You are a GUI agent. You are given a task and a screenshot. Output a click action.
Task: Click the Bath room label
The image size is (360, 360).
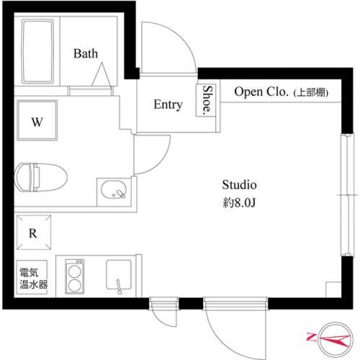[86, 53]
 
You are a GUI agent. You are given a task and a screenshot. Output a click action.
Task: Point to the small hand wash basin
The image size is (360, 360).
[114, 191]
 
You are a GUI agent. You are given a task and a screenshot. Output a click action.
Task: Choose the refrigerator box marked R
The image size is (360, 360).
[33, 233]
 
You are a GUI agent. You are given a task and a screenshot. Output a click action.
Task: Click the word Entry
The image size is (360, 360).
[168, 105]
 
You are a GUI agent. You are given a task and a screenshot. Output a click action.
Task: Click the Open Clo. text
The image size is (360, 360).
[260, 92]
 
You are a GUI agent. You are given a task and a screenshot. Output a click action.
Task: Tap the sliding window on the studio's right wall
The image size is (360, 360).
[347, 194]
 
